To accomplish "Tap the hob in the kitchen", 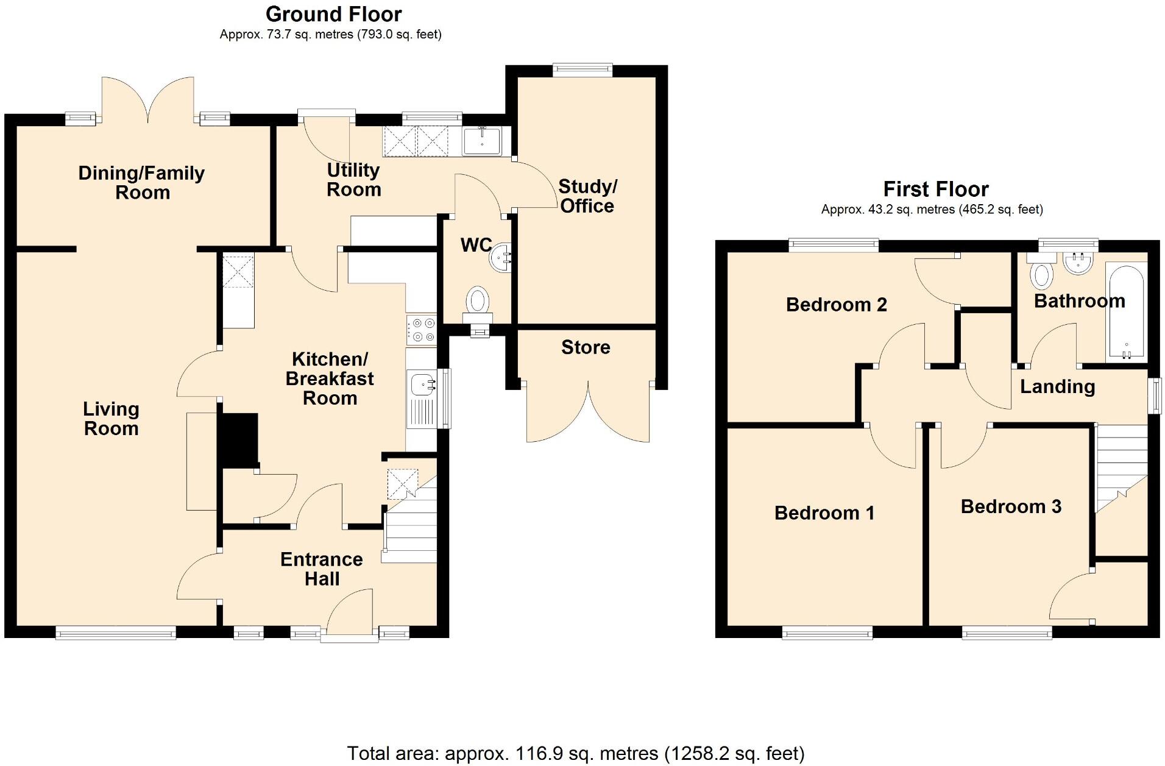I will point(422,330).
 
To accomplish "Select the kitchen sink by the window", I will point(422,385).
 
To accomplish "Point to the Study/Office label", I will point(587,196).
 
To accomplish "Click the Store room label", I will point(586,347).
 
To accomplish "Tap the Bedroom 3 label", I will point(1011,506).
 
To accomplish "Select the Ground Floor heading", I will point(334,14).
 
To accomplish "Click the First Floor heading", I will point(936,189).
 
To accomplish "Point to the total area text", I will point(576,753).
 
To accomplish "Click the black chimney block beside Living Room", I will point(239,440).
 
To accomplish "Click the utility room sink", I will point(481,141).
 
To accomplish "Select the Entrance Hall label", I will point(322,569).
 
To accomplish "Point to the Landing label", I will point(1057,386).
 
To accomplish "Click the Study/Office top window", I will point(582,69).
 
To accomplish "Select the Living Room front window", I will point(116,633).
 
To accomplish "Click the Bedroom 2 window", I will point(834,245).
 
